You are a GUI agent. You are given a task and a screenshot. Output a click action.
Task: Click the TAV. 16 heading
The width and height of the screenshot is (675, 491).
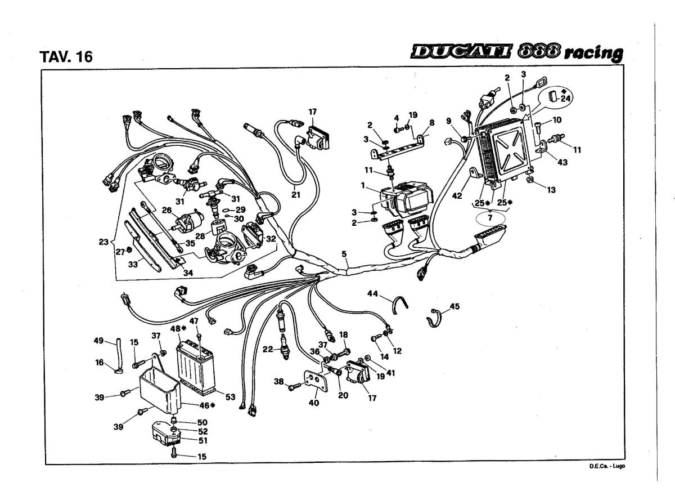click(x=66, y=57)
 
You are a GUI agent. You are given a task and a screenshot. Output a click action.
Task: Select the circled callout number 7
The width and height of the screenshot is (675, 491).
click(x=490, y=217)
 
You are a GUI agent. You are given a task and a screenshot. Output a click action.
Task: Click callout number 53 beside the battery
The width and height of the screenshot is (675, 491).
click(x=230, y=398)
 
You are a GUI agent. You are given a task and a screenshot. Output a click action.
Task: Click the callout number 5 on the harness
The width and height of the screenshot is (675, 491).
click(x=344, y=255)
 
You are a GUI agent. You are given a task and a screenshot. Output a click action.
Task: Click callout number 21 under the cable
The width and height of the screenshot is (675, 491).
click(x=296, y=195)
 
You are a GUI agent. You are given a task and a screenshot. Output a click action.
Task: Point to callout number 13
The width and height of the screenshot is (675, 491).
click(x=551, y=190)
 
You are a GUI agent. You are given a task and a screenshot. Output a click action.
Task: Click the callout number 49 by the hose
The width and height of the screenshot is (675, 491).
click(x=98, y=341)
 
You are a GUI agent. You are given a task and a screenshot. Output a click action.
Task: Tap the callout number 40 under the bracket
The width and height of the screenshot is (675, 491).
click(x=313, y=403)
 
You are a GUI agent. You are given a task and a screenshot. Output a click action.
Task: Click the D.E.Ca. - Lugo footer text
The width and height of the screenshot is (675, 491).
click(x=607, y=466)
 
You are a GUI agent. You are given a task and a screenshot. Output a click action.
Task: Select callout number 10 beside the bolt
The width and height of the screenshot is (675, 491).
click(x=557, y=120)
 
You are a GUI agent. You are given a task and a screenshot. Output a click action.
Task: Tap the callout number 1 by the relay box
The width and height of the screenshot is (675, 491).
click(x=363, y=185)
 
